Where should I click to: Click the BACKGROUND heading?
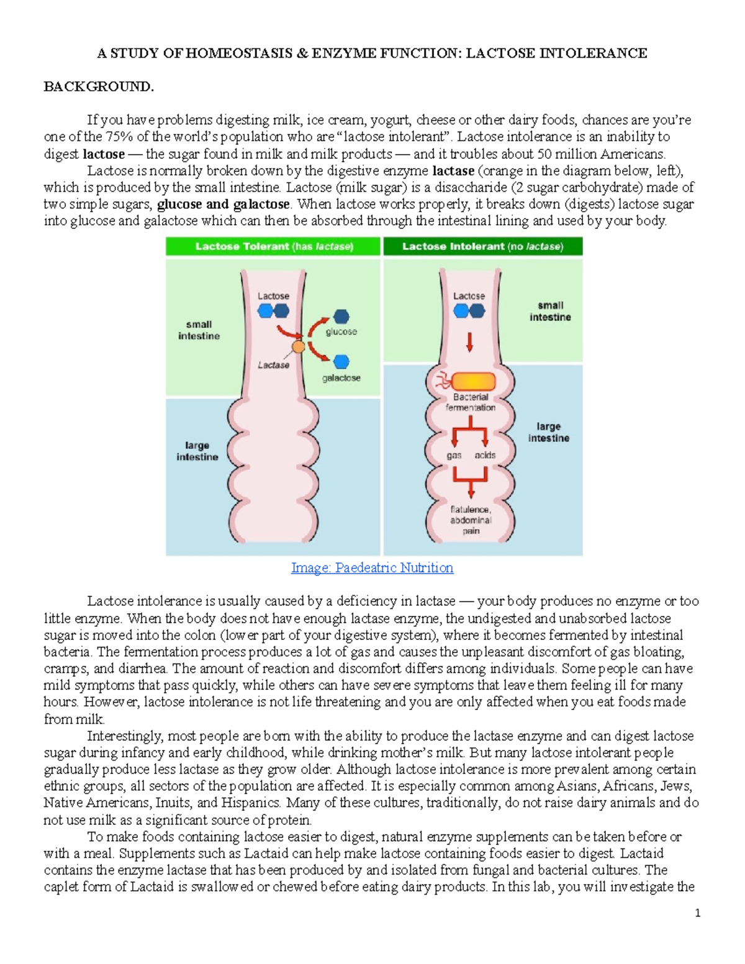point(98,86)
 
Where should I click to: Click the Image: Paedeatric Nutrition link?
point(372,567)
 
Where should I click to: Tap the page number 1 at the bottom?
point(698,912)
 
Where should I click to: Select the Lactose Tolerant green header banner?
point(273,246)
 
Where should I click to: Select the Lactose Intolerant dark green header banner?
point(482,246)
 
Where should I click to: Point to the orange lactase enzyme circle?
point(299,347)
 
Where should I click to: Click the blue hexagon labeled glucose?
point(341,317)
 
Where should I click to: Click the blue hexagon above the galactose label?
point(341,361)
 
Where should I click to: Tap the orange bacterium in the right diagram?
point(473,381)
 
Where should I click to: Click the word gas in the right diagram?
point(454,455)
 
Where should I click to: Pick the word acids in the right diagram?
point(485,455)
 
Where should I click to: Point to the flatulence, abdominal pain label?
point(471,520)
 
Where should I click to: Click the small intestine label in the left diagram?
point(199,330)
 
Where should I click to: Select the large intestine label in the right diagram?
point(548,432)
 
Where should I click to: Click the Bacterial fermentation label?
point(471,402)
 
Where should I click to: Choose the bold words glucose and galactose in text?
point(223,204)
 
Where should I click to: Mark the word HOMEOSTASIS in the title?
point(238,53)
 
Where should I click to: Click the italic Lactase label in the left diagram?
point(273,365)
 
